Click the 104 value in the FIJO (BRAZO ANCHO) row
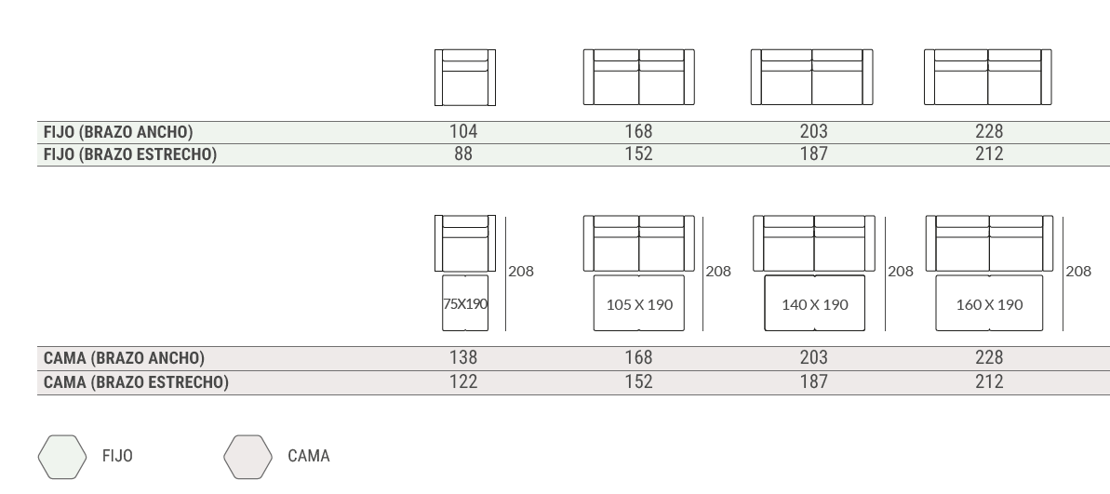pos(463,131)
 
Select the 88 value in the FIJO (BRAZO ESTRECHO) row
pos(463,154)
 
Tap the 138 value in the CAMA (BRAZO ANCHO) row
pos(463,358)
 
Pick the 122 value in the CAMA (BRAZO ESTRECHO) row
pos(463,382)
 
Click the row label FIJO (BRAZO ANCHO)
pos(118,132)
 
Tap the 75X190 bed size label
pos(465,304)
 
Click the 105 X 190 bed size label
pos(639,305)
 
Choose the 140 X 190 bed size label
pos(815,305)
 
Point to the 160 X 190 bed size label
pos(990,305)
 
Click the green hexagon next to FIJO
pos(62,457)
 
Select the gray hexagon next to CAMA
pos(247,457)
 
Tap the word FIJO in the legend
pos(117,457)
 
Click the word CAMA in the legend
pos(309,457)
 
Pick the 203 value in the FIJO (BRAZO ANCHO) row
pos(814,131)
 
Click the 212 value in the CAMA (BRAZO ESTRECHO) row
pos(989,382)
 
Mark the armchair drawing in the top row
pos(465,78)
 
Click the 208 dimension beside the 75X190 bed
pos(521,271)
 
